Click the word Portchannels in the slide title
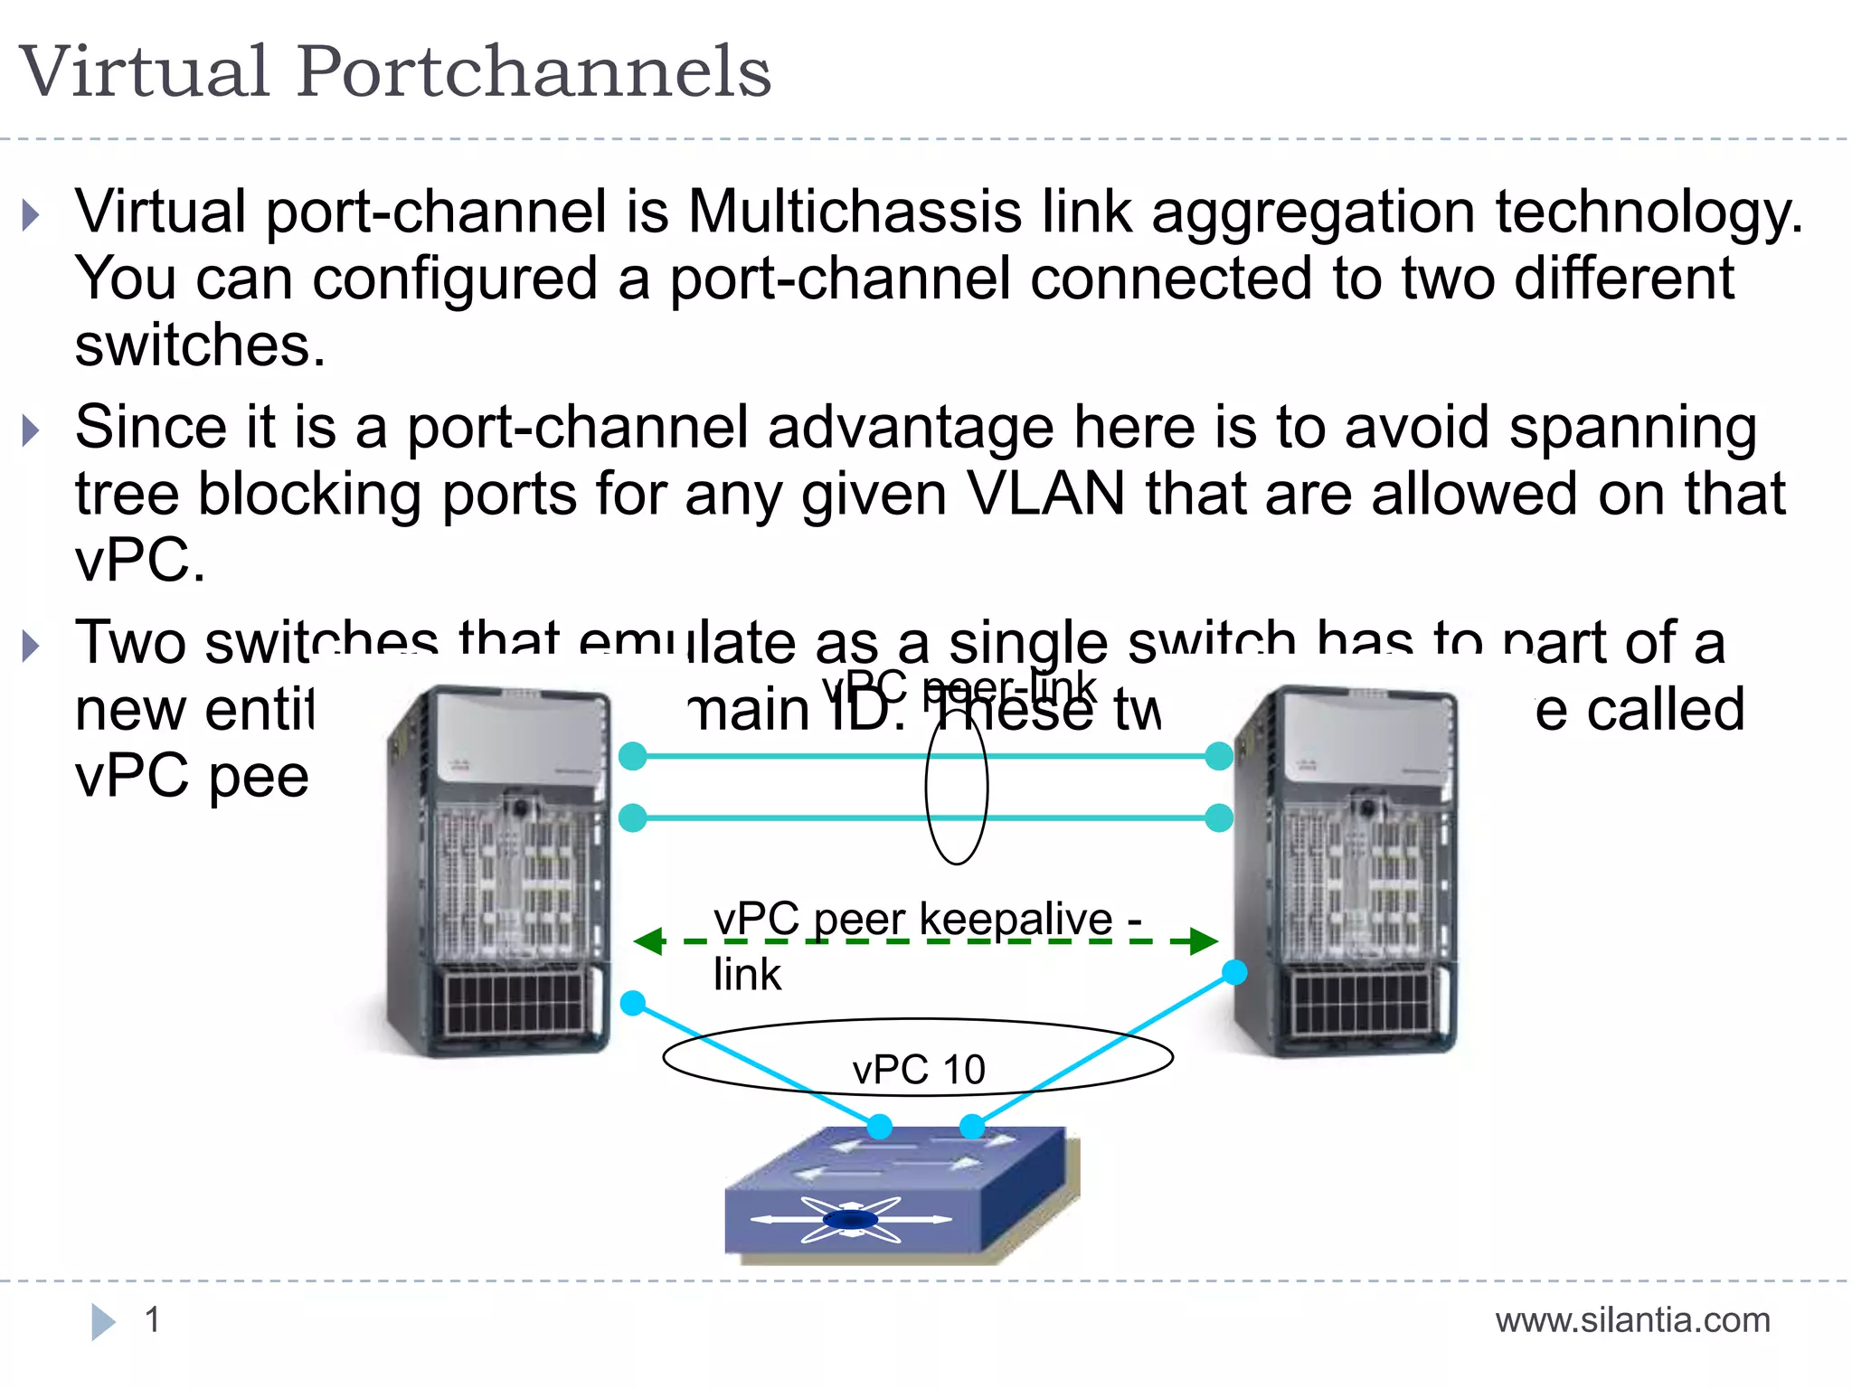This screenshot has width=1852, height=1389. (x=534, y=72)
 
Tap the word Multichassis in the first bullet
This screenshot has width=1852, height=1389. (x=854, y=213)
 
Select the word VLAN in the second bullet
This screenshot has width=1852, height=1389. (x=1044, y=495)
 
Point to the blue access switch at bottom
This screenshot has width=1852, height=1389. (x=900, y=1194)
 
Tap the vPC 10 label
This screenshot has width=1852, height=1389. (x=918, y=1070)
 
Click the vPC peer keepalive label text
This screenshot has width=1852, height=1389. (x=913, y=921)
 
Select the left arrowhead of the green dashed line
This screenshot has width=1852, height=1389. (x=647, y=941)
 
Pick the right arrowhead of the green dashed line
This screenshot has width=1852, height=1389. (x=1205, y=941)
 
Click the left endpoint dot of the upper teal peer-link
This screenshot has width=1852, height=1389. (x=633, y=756)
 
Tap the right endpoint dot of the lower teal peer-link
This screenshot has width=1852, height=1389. (x=1219, y=817)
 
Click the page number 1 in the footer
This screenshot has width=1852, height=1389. (x=152, y=1320)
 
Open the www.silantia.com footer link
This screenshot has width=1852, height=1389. (x=1632, y=1321)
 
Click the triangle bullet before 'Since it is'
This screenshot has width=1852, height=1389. (x=31, y=430)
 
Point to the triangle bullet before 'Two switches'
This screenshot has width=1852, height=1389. (x=31, y=646)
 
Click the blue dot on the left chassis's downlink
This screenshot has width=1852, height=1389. (x=633, y=1003)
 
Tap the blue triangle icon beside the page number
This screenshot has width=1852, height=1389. (x=103, y=1321)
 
